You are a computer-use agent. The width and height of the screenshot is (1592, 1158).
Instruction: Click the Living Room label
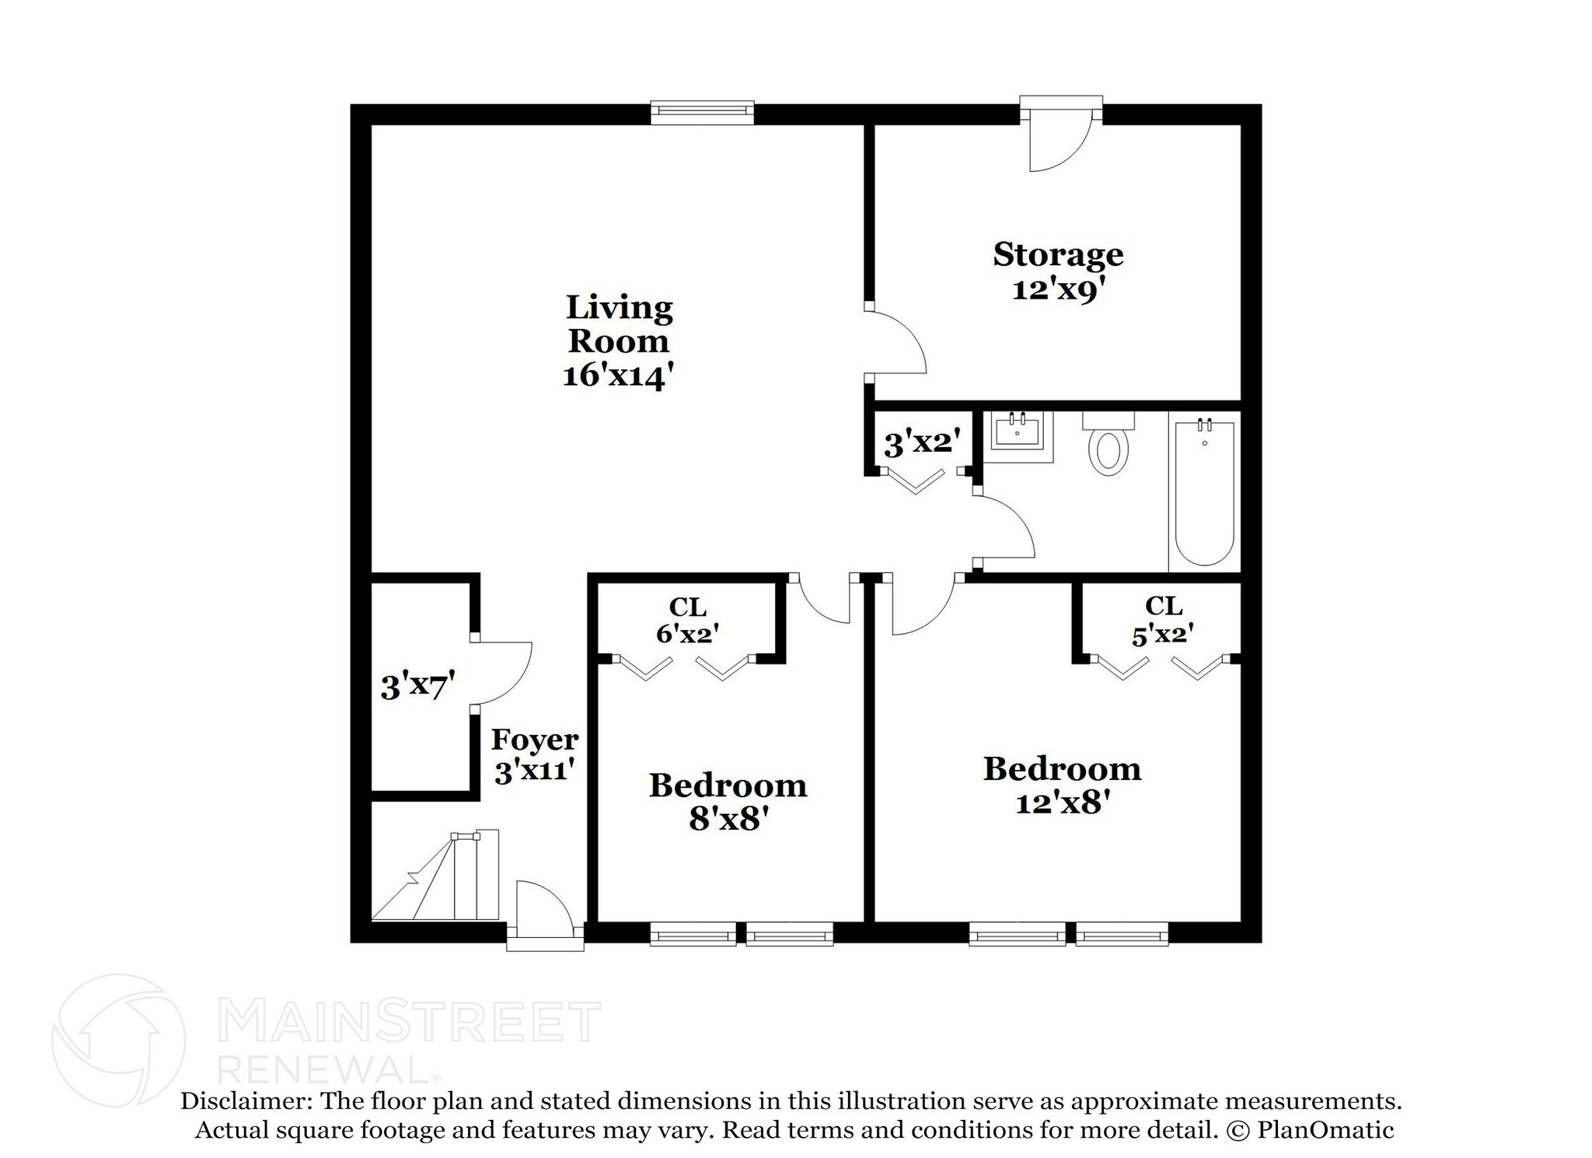(x=619, y=324)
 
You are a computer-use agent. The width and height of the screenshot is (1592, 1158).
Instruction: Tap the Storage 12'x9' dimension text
(x=1058, y=290)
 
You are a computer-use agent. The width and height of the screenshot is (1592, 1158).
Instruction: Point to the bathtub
(x=1204, y=493)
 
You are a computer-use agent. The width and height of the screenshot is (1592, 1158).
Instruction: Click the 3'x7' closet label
(x=417, y=687)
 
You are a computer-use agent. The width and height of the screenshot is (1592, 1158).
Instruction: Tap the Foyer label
(x=535, y=740)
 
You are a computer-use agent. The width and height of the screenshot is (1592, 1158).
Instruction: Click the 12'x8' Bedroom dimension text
(x=1061, y=803)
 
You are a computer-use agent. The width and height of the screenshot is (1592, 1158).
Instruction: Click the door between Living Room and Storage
(x=894, y=342)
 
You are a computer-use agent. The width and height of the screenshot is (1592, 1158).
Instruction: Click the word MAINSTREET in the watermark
(x=409, y=1023)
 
